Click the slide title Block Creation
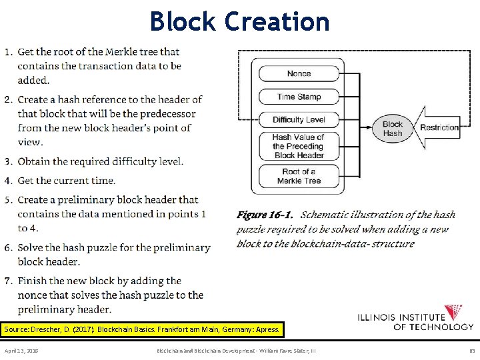pyautogui.click(x=240, y=21)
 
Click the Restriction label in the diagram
pyautogui.click(x=439, y=127)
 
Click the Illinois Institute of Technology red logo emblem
pyautogui.click(x=455, y=312)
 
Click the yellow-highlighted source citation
pyautogui.click(x=143, y=329)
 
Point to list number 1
pyautogui.click(x=7, y=52)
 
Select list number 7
pyautogui.click(x=7, y=281)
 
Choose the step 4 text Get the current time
pyautogui.click(x=66, y=181)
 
